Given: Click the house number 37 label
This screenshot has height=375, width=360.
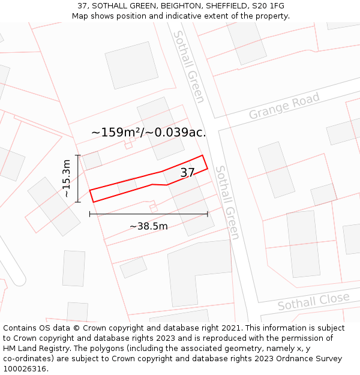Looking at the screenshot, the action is coord(187,173).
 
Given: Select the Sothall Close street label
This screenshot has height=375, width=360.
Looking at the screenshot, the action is coord(313,301).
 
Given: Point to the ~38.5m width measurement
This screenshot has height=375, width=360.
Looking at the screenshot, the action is coord(148,226).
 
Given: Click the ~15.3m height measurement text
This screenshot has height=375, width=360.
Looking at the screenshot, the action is coord(67,178).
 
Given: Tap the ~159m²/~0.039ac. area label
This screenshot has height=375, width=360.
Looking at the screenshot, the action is coord(148,133).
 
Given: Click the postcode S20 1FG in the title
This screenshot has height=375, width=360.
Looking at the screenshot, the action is coord(268,6).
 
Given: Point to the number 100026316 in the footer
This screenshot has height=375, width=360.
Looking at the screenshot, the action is coord(24,369).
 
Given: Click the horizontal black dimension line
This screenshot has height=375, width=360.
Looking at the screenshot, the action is coord(148,214).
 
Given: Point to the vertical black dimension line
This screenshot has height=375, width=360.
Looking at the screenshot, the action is coord(78,178).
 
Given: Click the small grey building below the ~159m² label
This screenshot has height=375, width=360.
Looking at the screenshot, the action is coord(92,160).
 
